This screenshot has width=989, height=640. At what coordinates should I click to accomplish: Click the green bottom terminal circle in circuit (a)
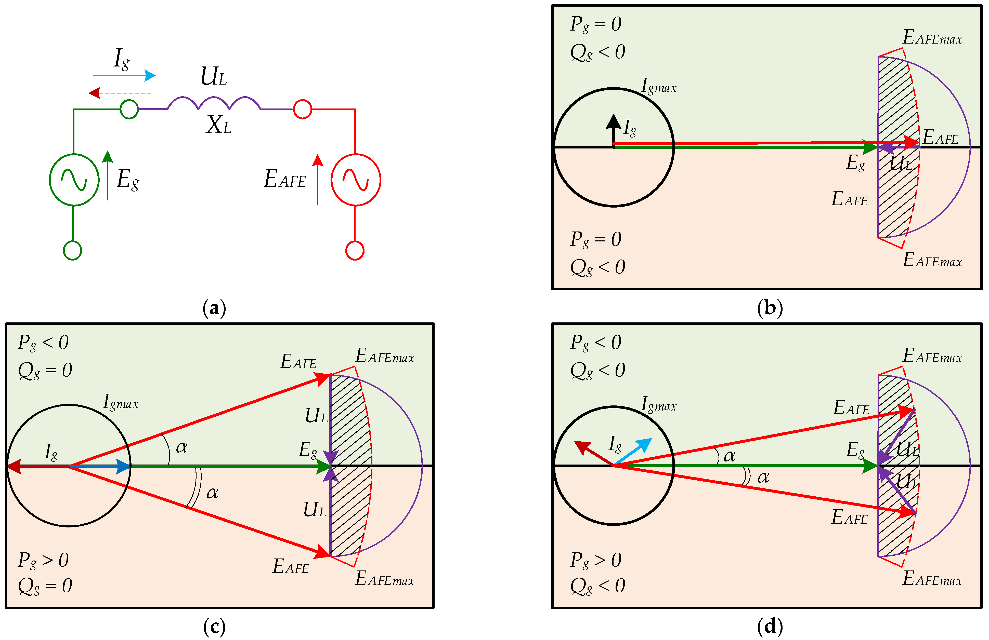click(72, 250)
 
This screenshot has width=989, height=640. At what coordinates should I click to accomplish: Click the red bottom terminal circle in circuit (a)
click(355, 250)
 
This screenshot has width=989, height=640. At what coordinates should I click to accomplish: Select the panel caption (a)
click(214, 309)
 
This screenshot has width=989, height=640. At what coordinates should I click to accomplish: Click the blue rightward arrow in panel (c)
click(100, 466)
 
